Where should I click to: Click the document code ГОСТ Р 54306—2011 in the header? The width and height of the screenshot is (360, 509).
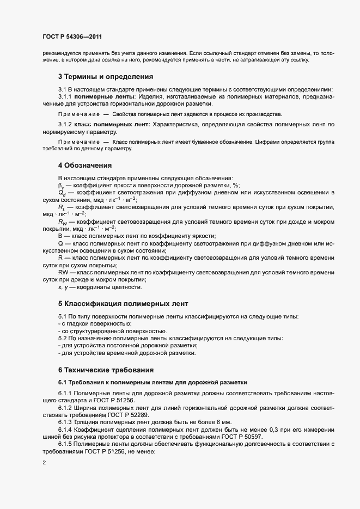(72, 37)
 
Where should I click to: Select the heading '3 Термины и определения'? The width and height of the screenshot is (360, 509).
(105, 76)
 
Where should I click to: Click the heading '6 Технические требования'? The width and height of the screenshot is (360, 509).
(106, 370)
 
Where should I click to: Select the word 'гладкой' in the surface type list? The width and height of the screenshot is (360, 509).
(79, 324)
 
